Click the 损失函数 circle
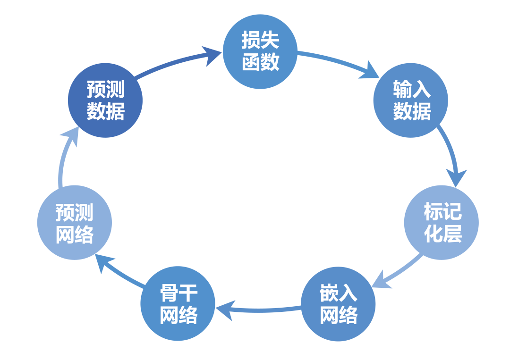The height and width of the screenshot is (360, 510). click(260, 51)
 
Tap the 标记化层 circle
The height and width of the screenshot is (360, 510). click(442, 222)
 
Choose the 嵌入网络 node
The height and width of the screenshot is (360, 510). click(338, 304)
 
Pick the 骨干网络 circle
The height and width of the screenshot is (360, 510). click(178, 304)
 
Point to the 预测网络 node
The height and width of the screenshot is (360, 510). click(75, 222)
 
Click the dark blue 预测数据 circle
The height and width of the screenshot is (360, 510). click(105, 100)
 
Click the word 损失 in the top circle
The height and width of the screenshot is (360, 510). click(260, 41)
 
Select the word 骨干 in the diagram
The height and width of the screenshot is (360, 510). click(178, 293)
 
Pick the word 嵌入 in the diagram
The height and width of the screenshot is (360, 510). click(338, 293)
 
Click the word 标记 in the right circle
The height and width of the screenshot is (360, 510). click(442, 212)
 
